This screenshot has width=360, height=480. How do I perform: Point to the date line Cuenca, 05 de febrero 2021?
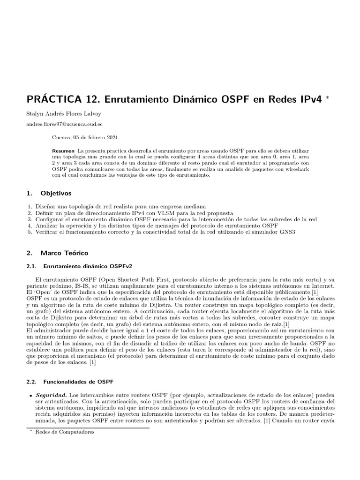coord(85,138)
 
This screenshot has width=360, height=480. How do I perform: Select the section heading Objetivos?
coord(56,193)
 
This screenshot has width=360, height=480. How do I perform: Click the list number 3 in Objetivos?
coord(30,219)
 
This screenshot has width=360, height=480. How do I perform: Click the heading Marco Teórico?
coord(64,253)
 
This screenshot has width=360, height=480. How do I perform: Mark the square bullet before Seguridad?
coord(30,396)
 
